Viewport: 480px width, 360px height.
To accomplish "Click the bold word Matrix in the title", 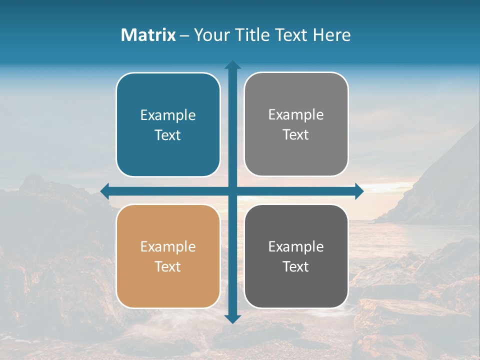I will point(148,35).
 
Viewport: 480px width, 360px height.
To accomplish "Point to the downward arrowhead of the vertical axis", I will point(232,318).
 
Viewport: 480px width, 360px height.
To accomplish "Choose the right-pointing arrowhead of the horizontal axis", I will point(359,191).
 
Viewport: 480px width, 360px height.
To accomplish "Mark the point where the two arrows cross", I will point(232,191).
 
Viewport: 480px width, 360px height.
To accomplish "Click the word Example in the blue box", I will point(168,115).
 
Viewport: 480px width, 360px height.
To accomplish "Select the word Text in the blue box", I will point(168,135).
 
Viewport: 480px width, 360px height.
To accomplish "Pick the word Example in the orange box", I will point(168,246).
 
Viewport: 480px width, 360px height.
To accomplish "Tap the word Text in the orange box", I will point(168,266).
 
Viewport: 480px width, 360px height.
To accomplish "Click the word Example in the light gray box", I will point(296,115).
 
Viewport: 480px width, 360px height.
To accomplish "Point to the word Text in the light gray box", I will point(296,134).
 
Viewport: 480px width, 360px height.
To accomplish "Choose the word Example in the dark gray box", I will point(296,246).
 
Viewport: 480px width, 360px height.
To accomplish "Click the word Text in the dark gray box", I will point(296,266).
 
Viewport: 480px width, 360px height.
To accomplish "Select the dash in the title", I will point(184,35).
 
